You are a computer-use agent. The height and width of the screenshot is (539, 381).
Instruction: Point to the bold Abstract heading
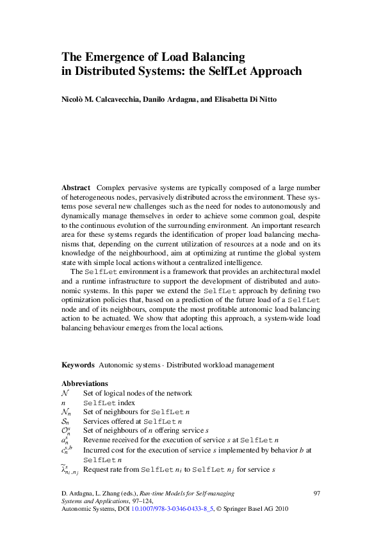[x=76, y=188]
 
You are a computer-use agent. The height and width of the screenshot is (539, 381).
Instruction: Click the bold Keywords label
[x=78, y=365]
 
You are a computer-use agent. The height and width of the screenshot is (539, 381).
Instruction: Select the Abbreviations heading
[x=85, y=383]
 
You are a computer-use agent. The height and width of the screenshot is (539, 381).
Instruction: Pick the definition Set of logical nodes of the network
[x=137, y=393]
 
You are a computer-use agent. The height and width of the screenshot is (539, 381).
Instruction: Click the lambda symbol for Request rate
[x=67, y=471]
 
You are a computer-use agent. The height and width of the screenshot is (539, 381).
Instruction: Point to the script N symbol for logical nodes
[x=65, y=393]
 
